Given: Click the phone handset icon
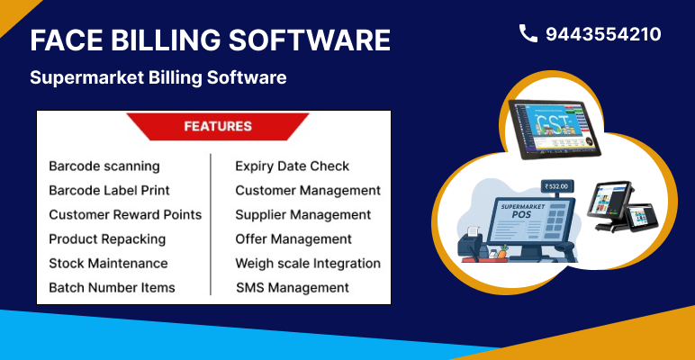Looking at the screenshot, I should pos(528,34).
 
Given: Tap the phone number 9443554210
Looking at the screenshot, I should pos(603,34).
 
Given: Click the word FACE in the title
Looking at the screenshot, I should pos(67,40).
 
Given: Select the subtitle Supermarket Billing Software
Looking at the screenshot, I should pos(158,78).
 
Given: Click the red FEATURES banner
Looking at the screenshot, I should pos(217,127).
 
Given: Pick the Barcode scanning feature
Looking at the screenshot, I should pos(104,166).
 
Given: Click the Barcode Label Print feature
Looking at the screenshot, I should pos(109,191).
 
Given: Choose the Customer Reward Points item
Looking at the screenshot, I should pos(125,215).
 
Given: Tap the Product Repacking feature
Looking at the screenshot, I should pos(107,239).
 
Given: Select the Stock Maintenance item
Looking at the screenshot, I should pos(108,264).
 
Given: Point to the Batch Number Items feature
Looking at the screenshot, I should pos(112,288).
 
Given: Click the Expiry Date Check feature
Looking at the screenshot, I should pos(293,166).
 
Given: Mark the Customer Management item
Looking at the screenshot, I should pos(308,191).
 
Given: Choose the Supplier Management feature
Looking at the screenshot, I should pos(303,215).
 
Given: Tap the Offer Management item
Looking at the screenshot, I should pos(293,239).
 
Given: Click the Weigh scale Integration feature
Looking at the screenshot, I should pos(308,264).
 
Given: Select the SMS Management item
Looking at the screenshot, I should pos(293,288).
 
